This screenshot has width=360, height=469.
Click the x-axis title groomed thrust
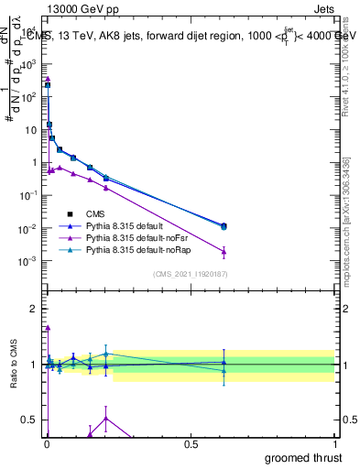[303, 457]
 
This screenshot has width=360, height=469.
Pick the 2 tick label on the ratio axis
[34, 308]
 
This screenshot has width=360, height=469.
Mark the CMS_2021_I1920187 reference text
[189, 274]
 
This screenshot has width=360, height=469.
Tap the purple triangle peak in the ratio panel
[48, 327]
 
